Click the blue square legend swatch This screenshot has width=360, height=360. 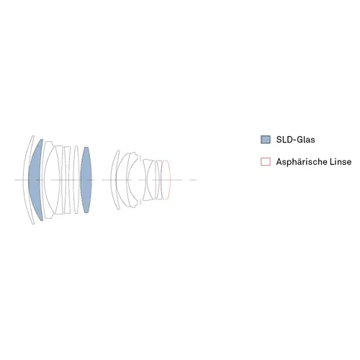266,140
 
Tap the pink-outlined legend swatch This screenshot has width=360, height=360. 266,161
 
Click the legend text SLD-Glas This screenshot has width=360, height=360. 295,140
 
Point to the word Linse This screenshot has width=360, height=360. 341,162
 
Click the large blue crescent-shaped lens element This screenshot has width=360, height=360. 35,180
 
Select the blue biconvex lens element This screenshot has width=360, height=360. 86,180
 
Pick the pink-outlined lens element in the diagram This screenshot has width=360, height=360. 166,180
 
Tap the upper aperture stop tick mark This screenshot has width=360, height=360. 140,158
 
